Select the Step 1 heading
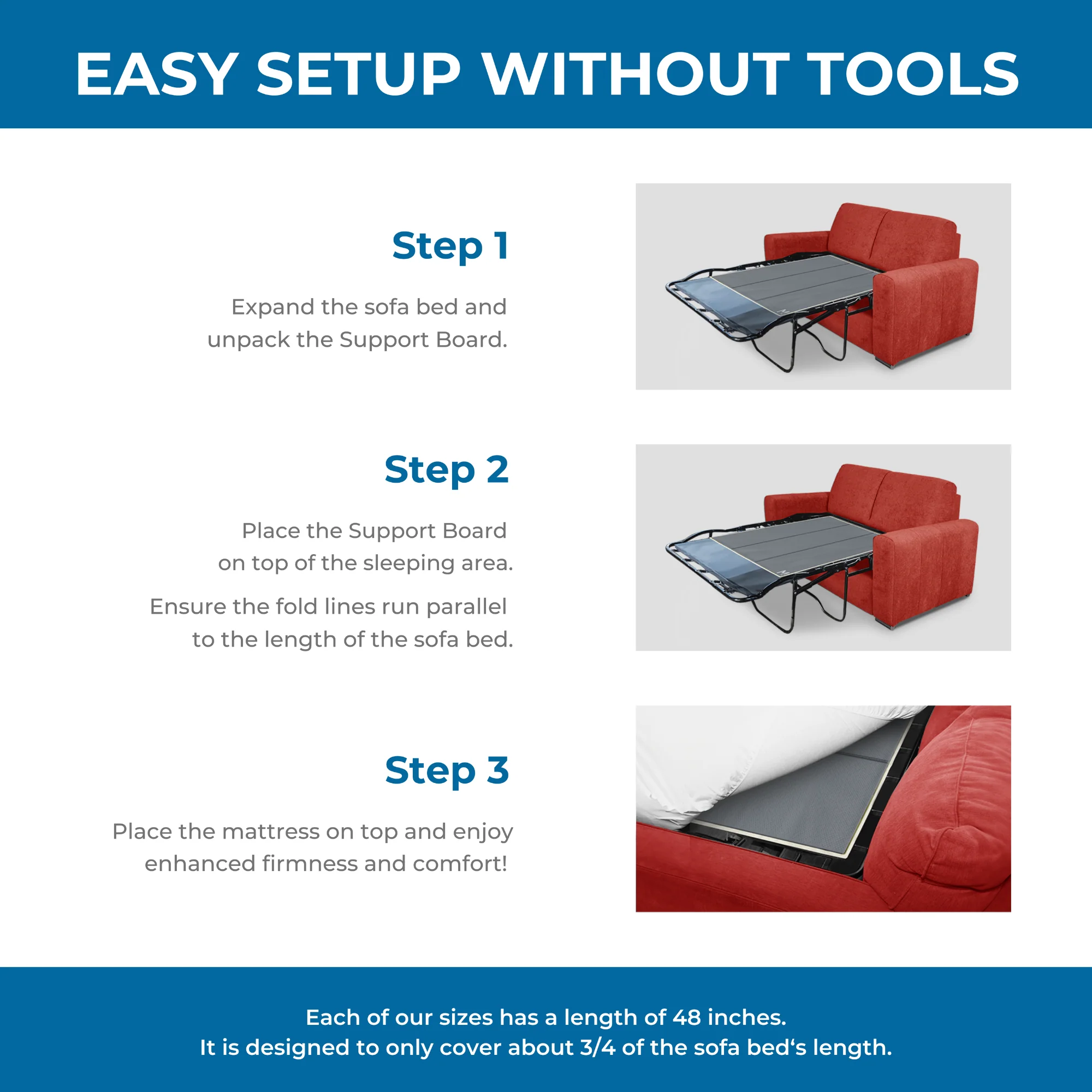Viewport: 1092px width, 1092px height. (x=450, y=246)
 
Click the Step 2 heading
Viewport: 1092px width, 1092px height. (x=447, y=470)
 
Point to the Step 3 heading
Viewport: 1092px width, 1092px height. (x=447, y=771)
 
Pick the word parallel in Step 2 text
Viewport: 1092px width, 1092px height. (x=466, y=607)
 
